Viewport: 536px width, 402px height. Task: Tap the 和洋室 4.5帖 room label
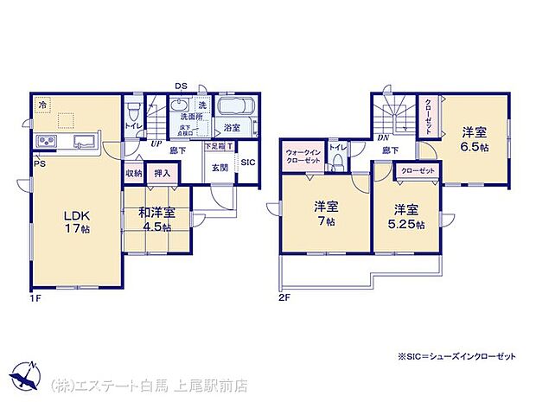click(x=156, y=220)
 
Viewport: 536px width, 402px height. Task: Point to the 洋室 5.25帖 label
click(x=407, y=217)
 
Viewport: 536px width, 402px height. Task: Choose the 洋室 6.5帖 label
click(x=473, y=140)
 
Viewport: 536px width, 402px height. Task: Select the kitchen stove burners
click(x=46, y=141)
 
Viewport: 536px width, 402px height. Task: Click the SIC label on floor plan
click(x=246, y=162)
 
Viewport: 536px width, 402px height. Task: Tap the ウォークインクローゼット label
click(x=303, y=156)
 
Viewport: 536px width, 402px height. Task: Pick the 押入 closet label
click(x=162, y=174)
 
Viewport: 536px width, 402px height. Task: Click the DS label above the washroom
click(x=182, y=86)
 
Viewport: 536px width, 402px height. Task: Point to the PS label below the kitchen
click(x=39, y=163)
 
